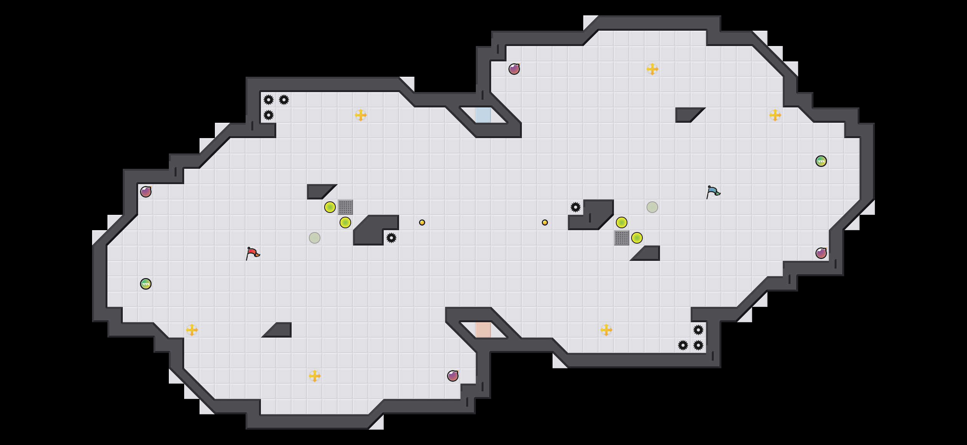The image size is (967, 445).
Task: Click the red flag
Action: coord(252,253)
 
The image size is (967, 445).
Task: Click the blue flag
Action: coord(713,192)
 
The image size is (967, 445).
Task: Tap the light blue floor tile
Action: coord(483,115)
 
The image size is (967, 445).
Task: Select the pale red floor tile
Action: coord(483,330)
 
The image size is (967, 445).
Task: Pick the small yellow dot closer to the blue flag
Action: coord(545,222)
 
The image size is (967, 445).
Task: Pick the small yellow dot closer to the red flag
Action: coord(422,222)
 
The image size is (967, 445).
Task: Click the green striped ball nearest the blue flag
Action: coord(821,161)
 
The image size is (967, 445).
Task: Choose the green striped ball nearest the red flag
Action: coord(146,284)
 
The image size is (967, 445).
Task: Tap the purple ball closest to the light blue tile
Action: coord(514,69)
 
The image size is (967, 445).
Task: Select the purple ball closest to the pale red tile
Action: coord(453,376)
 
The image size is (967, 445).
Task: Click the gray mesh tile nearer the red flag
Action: coord(345,207)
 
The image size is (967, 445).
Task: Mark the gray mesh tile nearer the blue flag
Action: coord(622,238)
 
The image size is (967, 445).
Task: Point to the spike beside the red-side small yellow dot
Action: coord(391,238)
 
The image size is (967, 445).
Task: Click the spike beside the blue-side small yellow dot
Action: coord(576,207)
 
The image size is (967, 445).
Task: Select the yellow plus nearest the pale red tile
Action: coord(606,330)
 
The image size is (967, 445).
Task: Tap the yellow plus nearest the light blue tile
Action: coord(361,115)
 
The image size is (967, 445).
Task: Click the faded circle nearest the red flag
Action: coord(315,238)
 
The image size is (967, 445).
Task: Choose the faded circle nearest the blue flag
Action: coord(652,207)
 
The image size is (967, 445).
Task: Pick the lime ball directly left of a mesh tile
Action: coord(330,207)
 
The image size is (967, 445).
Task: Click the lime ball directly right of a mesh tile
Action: coord(637,238)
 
